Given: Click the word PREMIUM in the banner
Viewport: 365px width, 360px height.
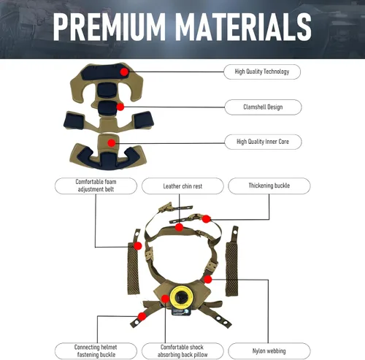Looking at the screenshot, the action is click(109, 26).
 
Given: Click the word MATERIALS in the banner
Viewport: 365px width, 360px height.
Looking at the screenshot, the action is click(243, 26).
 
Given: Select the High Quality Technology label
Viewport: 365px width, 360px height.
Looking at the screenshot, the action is click(262, 72).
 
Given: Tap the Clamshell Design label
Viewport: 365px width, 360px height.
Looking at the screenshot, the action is click(263, 107).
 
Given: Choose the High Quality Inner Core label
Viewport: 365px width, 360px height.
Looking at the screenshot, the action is click(263, 142).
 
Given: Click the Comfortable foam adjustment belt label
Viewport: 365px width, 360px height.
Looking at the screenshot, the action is click(96, 185).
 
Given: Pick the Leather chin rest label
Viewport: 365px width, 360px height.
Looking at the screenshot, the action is click(182, 186).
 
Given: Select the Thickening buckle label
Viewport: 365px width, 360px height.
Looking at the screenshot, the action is click(269, 185).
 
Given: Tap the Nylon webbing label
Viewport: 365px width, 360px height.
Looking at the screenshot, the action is click(269, 351).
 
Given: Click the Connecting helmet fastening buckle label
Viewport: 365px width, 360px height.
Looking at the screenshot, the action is click(96, 351).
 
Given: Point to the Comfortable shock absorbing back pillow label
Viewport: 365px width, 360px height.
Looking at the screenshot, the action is click(182, 351).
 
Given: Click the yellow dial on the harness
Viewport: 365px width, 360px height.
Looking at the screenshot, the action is click(181, 296).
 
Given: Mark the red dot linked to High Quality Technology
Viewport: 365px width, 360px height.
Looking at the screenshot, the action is click(124, 72).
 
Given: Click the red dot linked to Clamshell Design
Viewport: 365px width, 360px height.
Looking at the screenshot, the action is click(120, 107).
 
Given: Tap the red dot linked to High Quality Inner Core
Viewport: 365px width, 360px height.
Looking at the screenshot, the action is click(112, 143).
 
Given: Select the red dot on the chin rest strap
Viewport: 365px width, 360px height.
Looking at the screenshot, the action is click(179, 227).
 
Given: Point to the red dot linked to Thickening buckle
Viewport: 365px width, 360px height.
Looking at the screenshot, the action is click(206, 219).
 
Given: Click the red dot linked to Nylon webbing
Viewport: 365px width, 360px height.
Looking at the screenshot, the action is click(207, 279).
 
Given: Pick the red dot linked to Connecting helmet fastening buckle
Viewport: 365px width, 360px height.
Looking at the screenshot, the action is click(142, 316).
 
